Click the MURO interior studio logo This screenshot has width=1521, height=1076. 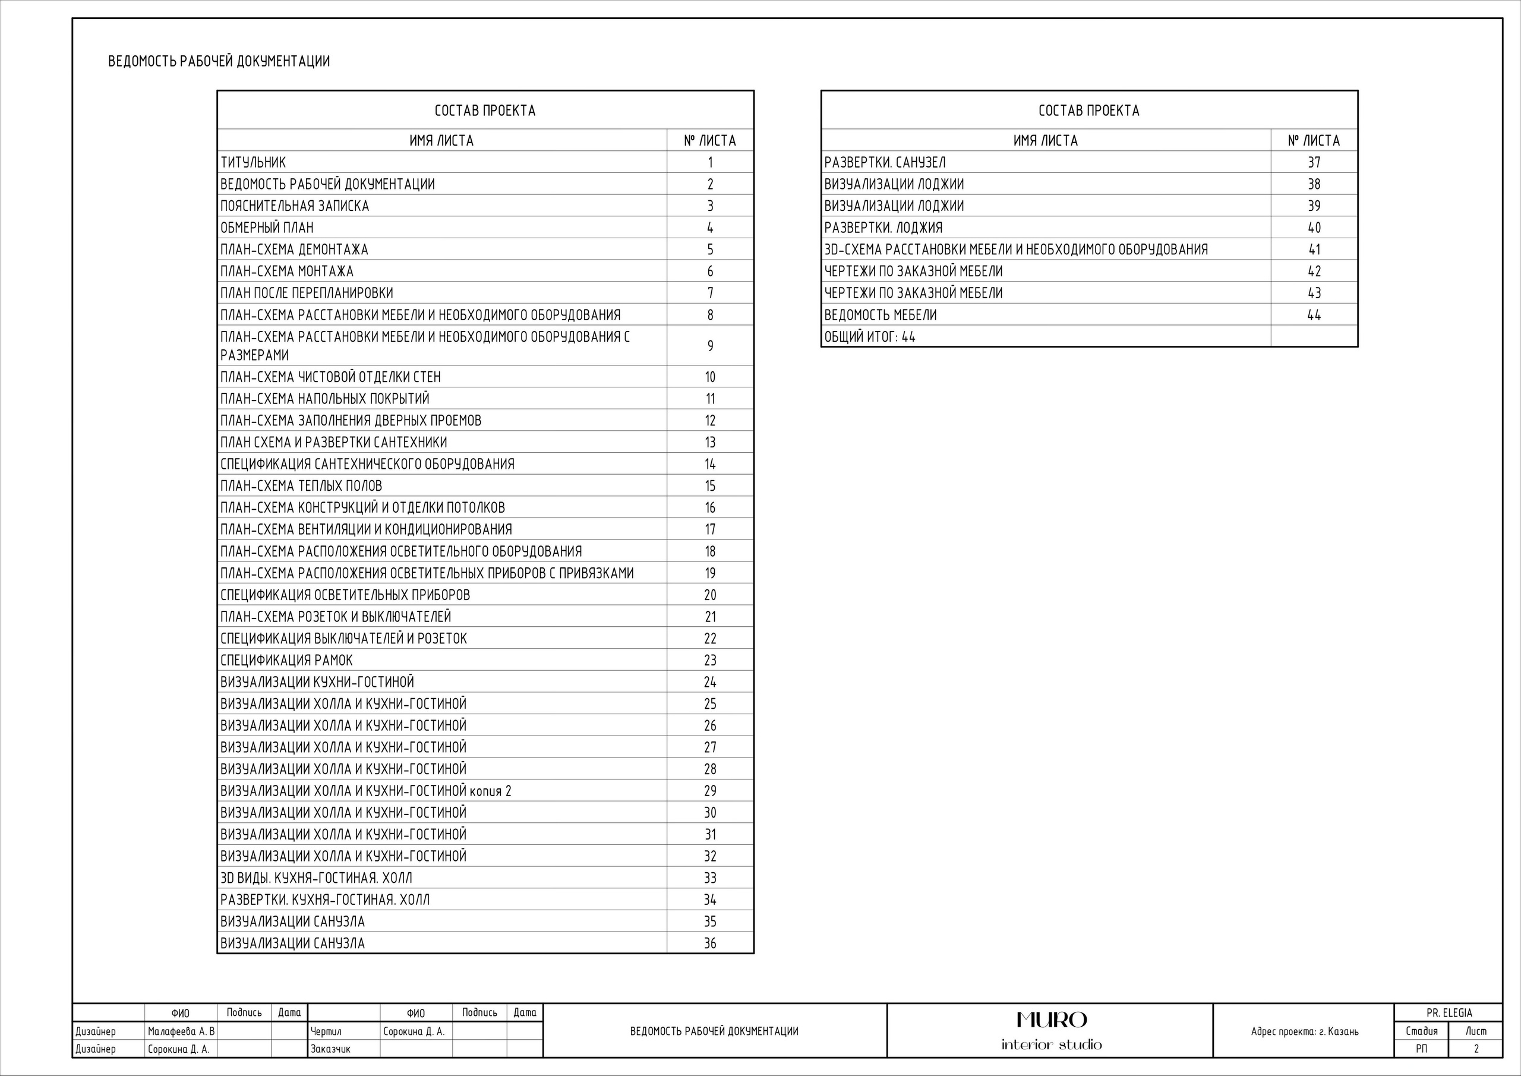point(1050,1030)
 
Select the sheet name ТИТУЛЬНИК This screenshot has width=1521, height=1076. point(253,162)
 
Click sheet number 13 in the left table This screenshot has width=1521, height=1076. point(709,443)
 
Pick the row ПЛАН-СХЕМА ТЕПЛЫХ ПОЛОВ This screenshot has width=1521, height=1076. point(301,485)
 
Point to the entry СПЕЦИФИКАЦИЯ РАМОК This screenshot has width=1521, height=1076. point(286,660)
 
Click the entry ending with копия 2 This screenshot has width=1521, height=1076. point(365,790)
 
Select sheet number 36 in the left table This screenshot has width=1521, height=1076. point(709,943)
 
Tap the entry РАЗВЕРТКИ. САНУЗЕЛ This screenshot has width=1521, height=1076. point(885,162)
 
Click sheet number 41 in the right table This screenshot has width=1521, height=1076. point(1314,250)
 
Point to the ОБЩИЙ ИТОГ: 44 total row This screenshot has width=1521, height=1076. point(869,336)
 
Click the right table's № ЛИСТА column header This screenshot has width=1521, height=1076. point(1314,140)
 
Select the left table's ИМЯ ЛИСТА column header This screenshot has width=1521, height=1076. point(441,140)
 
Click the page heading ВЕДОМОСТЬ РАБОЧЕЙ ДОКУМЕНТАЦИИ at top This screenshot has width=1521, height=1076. point(219,62)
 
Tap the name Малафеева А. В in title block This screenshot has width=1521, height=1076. point(181,1031)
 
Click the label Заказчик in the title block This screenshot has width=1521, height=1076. point(330,1049)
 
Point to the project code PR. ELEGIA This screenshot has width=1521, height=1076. point(1449,1013)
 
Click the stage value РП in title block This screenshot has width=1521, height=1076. point(1421,1049)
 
